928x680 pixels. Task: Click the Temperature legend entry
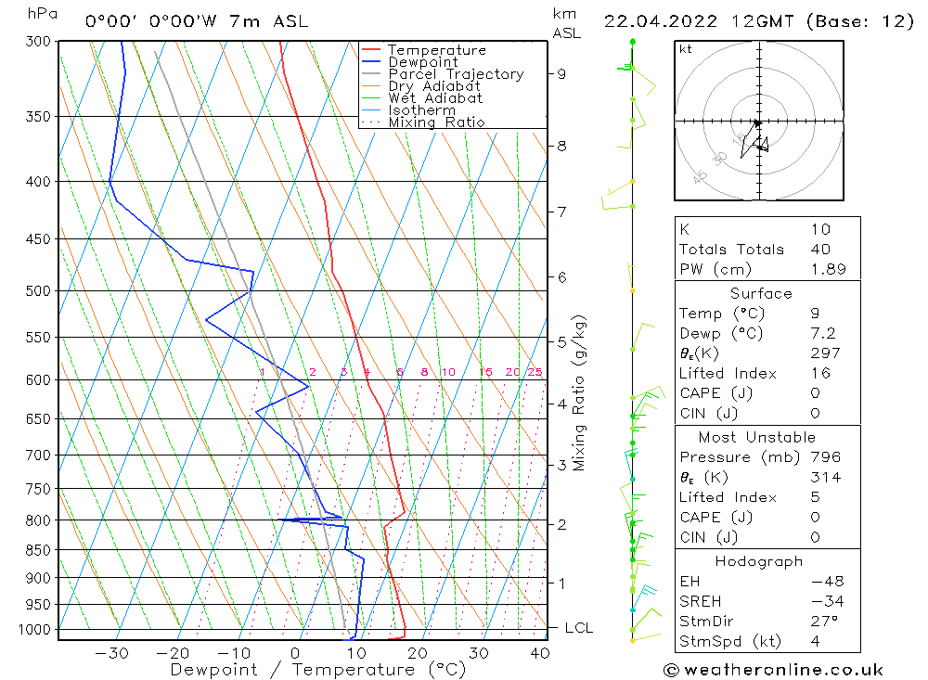click(436, 50)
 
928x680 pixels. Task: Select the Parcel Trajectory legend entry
click(456, 74)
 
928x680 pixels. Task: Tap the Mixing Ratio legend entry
click(436, 122)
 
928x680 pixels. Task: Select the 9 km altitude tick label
click(562, 73)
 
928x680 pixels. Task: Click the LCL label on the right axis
click(578, 628)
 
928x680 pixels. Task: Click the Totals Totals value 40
click(819, 250)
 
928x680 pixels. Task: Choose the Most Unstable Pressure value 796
click(825, 457)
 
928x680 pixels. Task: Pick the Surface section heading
click(761, 293)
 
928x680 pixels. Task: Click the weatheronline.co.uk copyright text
click(773, 669)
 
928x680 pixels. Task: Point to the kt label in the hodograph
click(686, 49)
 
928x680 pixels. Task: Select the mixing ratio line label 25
click(535, 372)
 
